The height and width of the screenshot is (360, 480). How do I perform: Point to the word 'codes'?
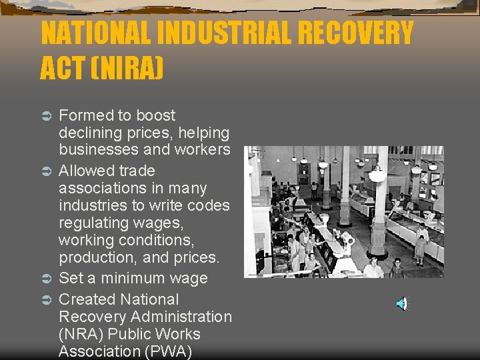pyautogui.click(x=208, y=205)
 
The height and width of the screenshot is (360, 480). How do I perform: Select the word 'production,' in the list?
pyautogui.click(x=95, y=257)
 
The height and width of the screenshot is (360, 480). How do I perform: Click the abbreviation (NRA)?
pyautogui.click(x=81, y=334)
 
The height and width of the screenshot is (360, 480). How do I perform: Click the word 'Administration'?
pyautogui.click(x=180, y=317)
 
